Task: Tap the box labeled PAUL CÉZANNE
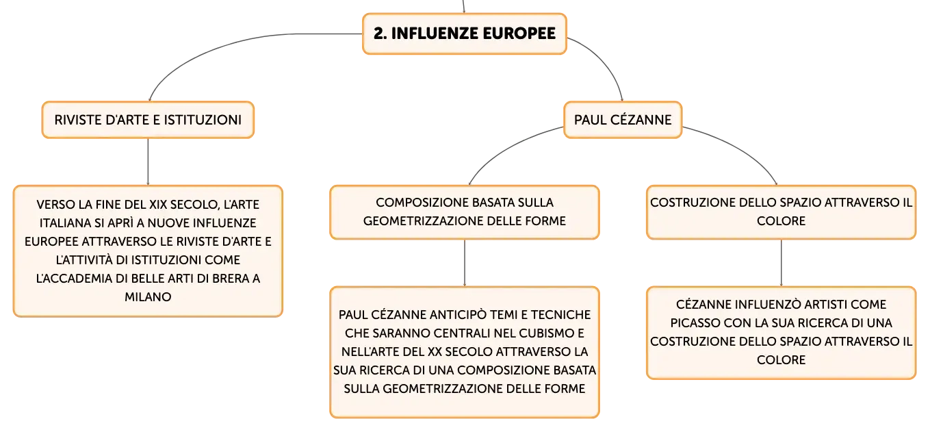[x=623, y=120]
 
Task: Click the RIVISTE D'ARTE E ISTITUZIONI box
[x=148, y=120]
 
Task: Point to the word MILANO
[x=148, y=296]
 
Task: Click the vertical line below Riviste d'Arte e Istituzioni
[x=148, y=162]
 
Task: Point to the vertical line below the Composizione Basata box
[x=465, y=262]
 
